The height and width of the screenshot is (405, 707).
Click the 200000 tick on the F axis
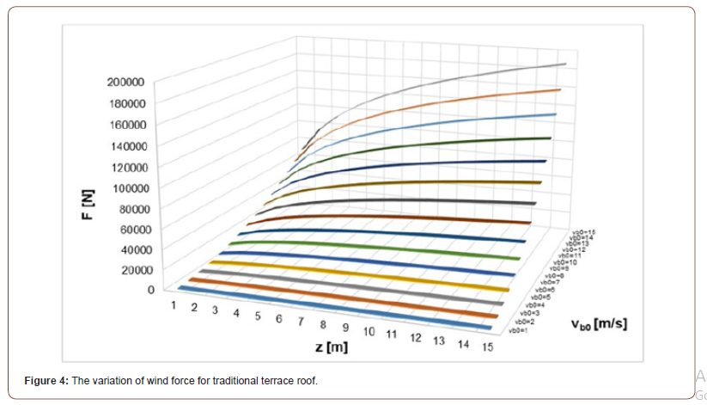(x=125, y=83)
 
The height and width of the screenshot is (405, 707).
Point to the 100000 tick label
(x=125, y=187)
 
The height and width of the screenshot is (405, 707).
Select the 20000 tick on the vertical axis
(x=129, y=270)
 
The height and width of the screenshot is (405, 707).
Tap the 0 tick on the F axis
(x=149, y=291)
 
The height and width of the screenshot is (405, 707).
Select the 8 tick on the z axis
(x=323, y=325)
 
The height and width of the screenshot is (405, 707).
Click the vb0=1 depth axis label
(x=516, y=330)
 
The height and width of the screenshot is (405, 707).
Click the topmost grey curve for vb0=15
(x=481, y=76)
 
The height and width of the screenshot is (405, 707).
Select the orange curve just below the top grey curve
(x=481, y=99)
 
